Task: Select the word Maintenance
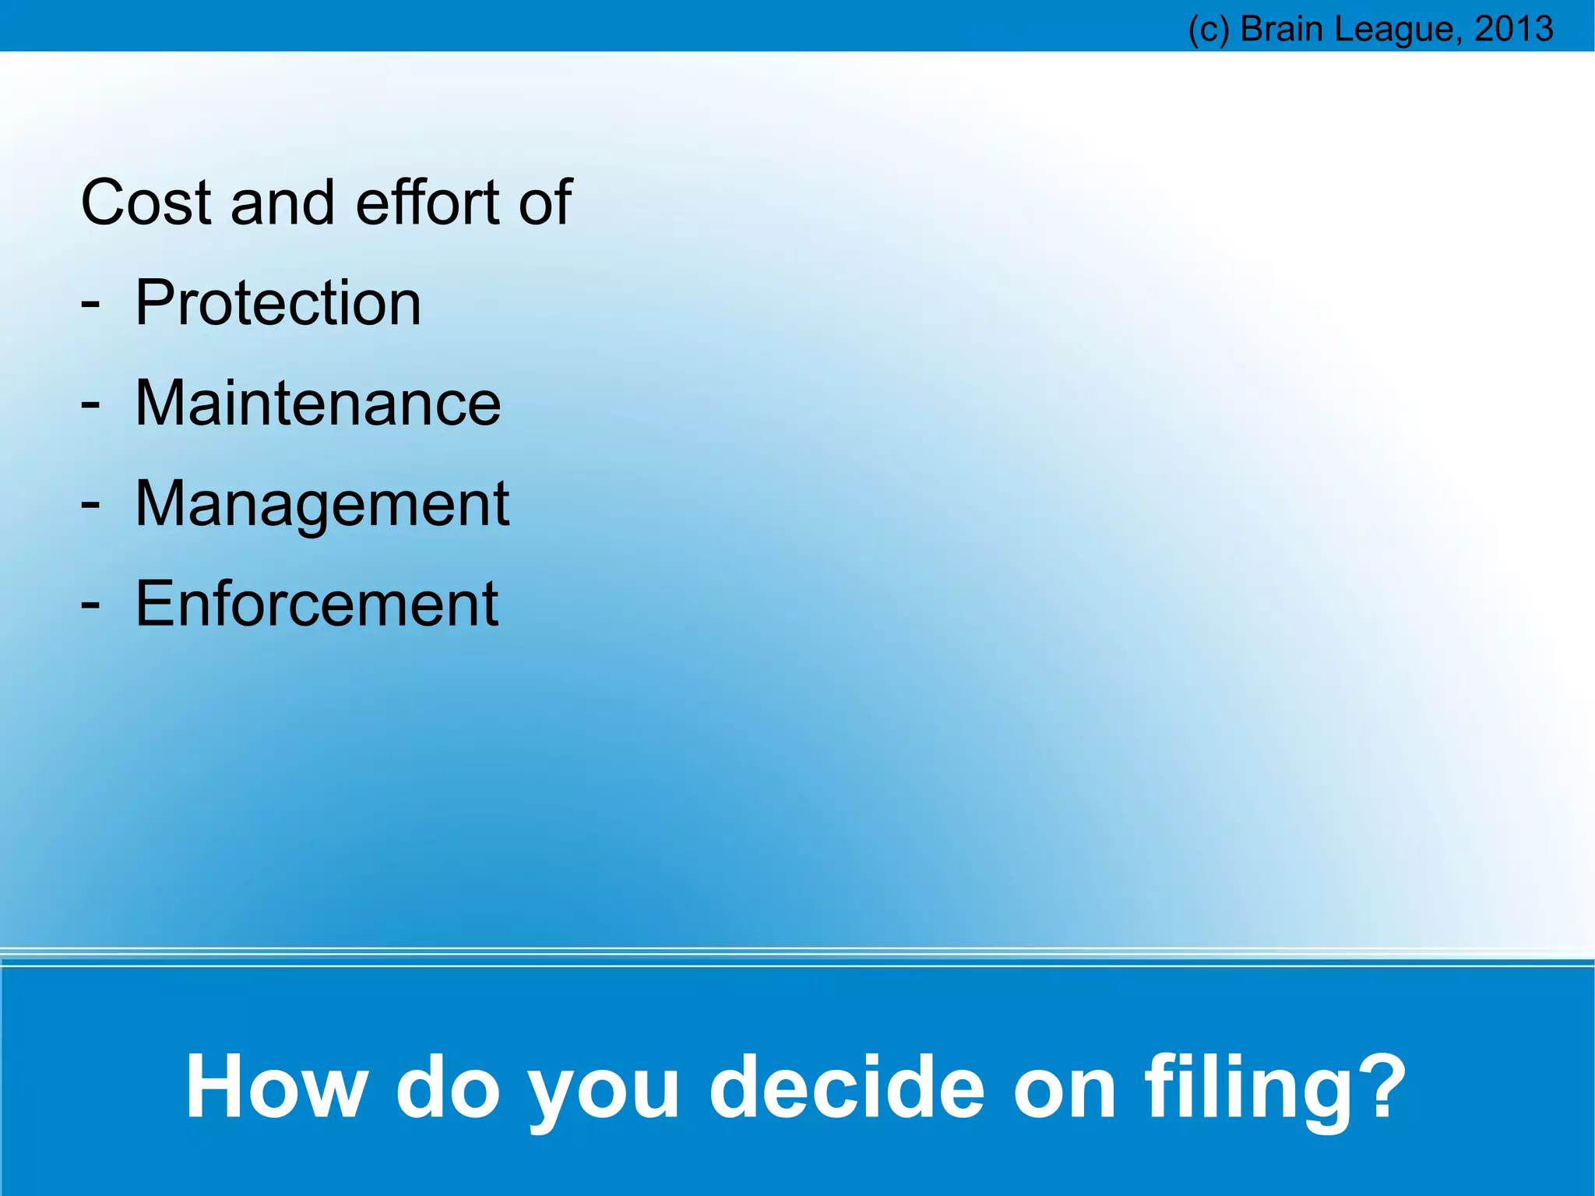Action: [318, 403]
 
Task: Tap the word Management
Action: [322, 504]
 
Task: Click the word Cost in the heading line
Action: [146, 203]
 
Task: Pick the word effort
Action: [427, 203]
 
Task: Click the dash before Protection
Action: [90, 304]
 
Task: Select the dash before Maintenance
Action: [90, 404]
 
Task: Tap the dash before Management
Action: [90, 505]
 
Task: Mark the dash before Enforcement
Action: [90, 605]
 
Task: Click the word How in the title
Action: [276, 1086]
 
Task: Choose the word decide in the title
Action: [847, 1086]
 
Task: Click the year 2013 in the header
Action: [1514, 29]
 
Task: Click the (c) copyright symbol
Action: [1209, 30]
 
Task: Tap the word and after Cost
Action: [283, 203]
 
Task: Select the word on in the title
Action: [1065, 1088]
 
